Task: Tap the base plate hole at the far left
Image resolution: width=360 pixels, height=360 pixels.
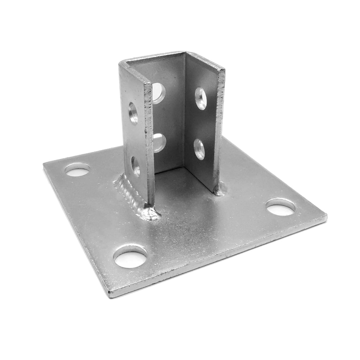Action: (78, 170)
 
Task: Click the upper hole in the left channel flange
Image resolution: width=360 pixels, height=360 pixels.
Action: (133, 113)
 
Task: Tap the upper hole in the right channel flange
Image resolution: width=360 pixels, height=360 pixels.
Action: (201, 99)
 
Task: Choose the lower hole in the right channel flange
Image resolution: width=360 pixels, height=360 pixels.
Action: (199, 149)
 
